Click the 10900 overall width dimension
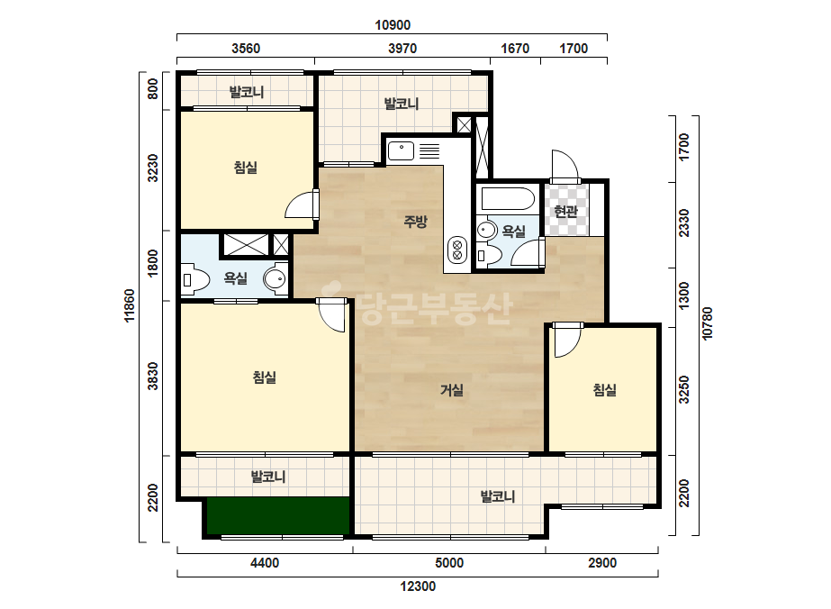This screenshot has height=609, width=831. pos(393,25)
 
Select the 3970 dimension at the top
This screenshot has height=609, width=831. pos(402,49)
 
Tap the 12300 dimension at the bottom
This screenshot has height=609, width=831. pos(418,586)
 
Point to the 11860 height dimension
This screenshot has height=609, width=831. pos(130,305)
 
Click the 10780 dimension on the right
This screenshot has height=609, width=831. pos(707,323)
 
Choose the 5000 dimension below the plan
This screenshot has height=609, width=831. pos(449,563)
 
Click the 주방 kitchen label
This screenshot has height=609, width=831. pos(415,222)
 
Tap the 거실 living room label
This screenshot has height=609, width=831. pos(452,390)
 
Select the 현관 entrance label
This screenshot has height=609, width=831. pos(565,212)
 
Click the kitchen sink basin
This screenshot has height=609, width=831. pos(401,151)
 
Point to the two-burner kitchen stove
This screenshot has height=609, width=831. pos(456,250)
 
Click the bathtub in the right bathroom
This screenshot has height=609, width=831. pos(509,199)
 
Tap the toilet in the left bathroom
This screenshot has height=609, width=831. pos(195,279)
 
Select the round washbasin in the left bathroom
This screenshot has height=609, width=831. pos(275,278)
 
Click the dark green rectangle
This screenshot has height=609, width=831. pos(278,515)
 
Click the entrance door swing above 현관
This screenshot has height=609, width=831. pos(565,166)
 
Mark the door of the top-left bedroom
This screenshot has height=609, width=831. pos(303,205)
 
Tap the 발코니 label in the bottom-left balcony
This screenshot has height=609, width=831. pos(268,477)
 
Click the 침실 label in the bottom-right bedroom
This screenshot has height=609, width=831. pos(605,390)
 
